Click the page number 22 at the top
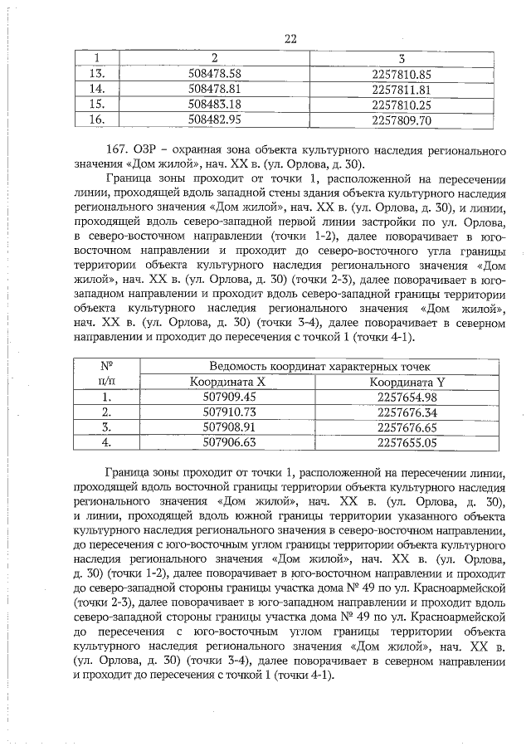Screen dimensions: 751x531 (290, 38)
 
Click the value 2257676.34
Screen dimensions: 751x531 (407, 412)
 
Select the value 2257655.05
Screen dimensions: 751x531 (407, 443)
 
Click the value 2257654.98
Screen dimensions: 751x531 (407, 397)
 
